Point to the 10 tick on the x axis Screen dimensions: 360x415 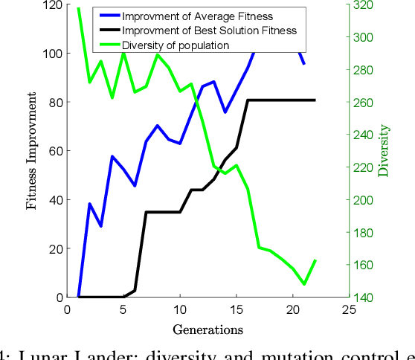pos(179,309)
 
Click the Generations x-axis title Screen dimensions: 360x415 pos(207,328)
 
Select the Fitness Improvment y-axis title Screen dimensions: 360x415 pos(32,151)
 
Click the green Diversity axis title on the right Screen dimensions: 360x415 pos(385,151)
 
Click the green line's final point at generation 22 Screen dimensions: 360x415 pos(315,260)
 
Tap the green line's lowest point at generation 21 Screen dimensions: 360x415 pos(303,284)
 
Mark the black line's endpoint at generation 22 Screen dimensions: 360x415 pos(315,100)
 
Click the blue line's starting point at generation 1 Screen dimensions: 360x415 pos(79,297)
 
